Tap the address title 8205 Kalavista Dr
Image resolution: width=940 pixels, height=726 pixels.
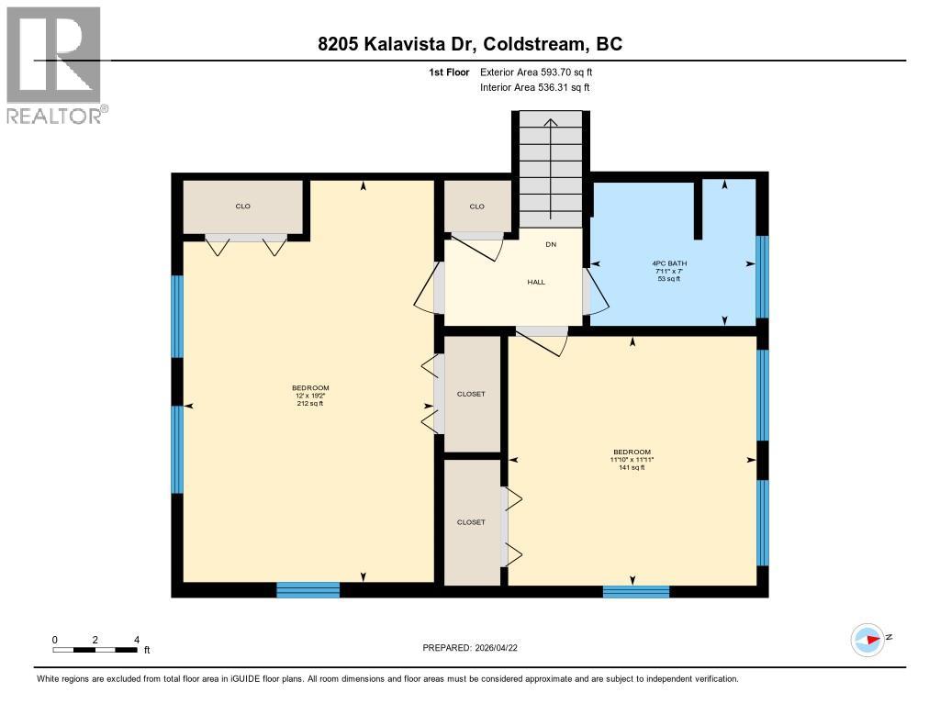[x=469, y=44]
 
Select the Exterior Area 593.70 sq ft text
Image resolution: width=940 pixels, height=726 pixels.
[x=543, y=72]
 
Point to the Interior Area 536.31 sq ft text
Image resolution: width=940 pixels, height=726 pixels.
[x=534, y=88]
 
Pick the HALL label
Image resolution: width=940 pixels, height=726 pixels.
[x=536, y=282]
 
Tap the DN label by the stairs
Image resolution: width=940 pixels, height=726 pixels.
[x=551, y=244]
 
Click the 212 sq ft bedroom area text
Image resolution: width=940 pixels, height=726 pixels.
[x=309, y=404]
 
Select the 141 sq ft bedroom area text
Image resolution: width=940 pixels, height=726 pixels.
[x=632, y=468]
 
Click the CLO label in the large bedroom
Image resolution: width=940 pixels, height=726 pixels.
[x=243, y=207]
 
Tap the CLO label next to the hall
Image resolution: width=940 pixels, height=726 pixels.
[x=476, y=207]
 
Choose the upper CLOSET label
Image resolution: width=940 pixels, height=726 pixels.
[x=471, y=394]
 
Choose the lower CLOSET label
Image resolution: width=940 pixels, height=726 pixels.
[x=471, y=522]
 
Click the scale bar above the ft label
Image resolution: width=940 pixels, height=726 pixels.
[x=95, y=651]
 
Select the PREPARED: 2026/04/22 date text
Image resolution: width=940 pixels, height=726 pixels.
[x=476, y=648]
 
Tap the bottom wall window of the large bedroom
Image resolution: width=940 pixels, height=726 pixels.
[x=308, y=590]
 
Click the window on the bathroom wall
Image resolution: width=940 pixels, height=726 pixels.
[x=761, y=276]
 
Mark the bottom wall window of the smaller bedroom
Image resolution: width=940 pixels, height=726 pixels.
[x=635, y=591]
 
